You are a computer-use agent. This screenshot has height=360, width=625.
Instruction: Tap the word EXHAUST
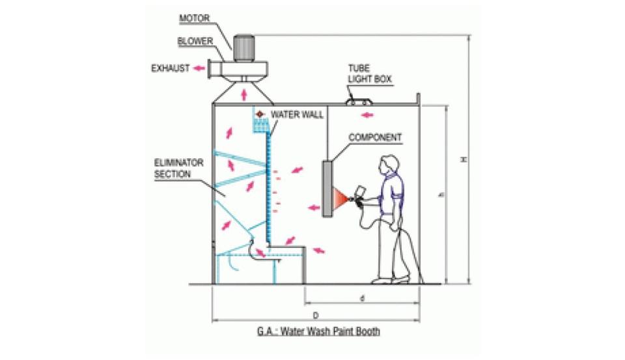(x=171, y=68)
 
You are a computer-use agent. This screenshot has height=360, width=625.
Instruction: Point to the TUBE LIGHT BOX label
(x=370, y=74)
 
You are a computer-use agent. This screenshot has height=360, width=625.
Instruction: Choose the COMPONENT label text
(x=375, y=137)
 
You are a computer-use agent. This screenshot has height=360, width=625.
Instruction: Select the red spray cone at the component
(x=340, y=198)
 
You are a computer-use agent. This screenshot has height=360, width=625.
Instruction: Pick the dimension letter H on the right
(x=463, y=159)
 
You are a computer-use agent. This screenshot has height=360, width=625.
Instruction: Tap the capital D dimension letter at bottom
(x=316, y=314)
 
